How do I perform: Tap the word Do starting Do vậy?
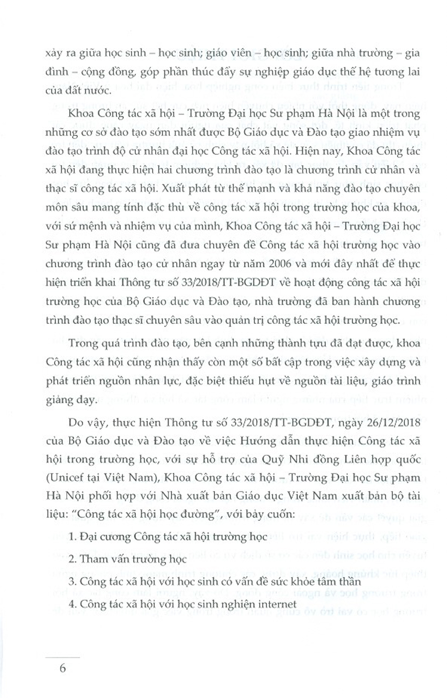75,421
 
